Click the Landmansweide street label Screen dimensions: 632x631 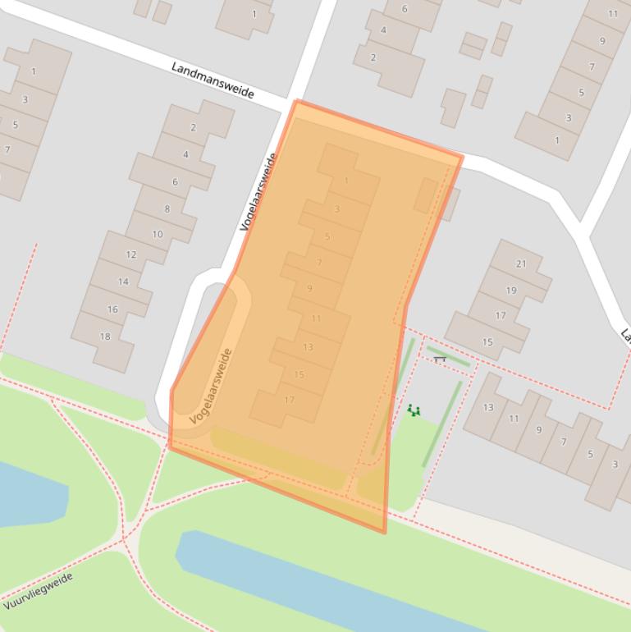point(213,80)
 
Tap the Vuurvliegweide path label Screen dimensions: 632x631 point(38,591)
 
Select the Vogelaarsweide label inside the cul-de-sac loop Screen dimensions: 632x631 point(212,386)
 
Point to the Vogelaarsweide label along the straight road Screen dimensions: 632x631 point(258,191)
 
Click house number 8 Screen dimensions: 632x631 point(167,209)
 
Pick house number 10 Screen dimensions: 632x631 point(157,234)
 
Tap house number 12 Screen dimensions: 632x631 point(131,254)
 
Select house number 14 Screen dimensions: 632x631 point(123,282)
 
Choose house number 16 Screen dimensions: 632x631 point(112,309)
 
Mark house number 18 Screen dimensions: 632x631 point(104,337)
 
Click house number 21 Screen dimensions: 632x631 point(521,263)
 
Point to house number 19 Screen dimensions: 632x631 point(511,290)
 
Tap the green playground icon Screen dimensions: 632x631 point(414,410)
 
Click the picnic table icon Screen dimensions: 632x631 point(440,359)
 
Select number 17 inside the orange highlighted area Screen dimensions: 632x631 point(289,401)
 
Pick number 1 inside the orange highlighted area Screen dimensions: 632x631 point(346,181)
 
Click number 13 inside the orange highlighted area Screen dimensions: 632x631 point(308,347)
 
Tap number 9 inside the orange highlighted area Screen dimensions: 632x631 point(309,288)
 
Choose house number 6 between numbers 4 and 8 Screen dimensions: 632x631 point(175,181)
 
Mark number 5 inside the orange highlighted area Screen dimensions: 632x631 point(327,236)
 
